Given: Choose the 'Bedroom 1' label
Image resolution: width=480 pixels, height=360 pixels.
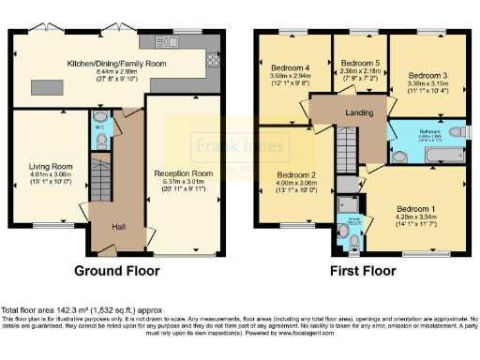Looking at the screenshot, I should [412, 208].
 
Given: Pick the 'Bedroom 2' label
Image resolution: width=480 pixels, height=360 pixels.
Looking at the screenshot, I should [295, 174].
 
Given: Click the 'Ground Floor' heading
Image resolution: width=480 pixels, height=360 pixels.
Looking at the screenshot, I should [116, 271].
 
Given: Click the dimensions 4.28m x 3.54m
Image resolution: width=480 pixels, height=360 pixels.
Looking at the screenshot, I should [412, 217].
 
